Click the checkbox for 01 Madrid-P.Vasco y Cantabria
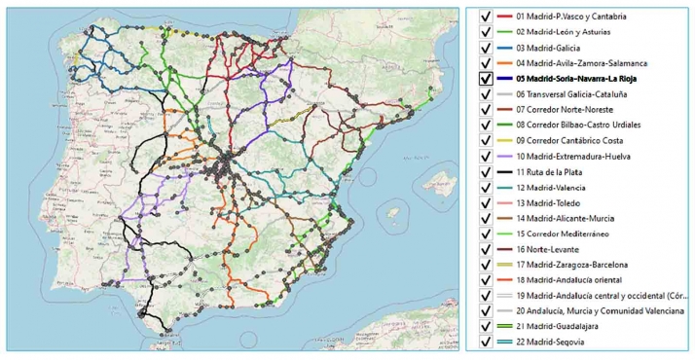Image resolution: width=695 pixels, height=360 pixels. (x=484, y=17)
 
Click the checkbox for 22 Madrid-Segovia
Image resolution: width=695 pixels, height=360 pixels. (x=484, y=342)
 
